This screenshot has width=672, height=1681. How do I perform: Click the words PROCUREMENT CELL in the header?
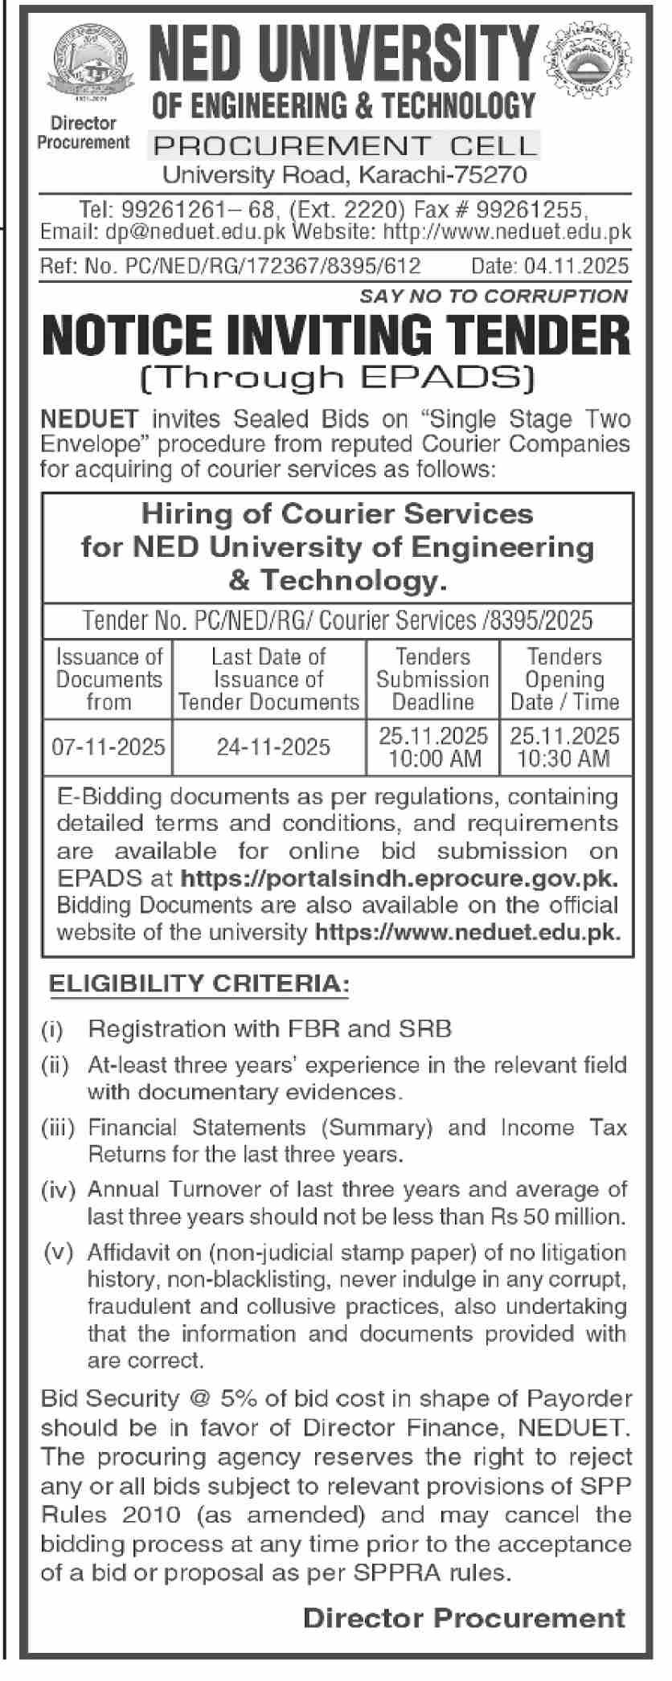(x=345, y=145)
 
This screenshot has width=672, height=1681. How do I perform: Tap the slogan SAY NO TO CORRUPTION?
(x=494, y=296)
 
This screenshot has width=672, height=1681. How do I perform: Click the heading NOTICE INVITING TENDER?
(x=336, y=336)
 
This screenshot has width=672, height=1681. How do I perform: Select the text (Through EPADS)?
(x=336, y=377)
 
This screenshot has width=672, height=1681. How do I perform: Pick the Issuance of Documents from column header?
(x=109, y=679)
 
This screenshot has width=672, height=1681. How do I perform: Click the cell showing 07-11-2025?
(x=109, y=746)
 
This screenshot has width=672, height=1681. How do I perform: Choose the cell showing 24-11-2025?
(x=273, y=746)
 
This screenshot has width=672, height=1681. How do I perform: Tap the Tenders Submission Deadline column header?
(x=432, y=679)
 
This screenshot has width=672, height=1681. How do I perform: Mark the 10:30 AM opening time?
(x=563, y=759)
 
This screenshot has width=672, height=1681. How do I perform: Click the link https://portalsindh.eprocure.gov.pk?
(x=399, y=877)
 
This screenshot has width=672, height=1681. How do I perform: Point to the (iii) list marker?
(x=57, y=1128)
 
